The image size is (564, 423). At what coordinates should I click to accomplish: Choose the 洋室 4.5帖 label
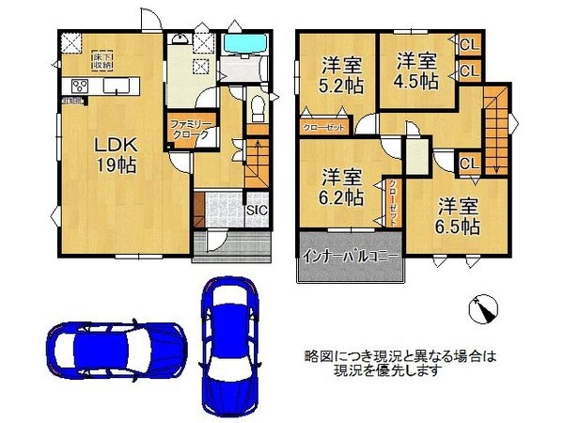415,71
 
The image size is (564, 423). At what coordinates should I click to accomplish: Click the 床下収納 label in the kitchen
102,62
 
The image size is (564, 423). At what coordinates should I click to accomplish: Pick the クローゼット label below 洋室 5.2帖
323,127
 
